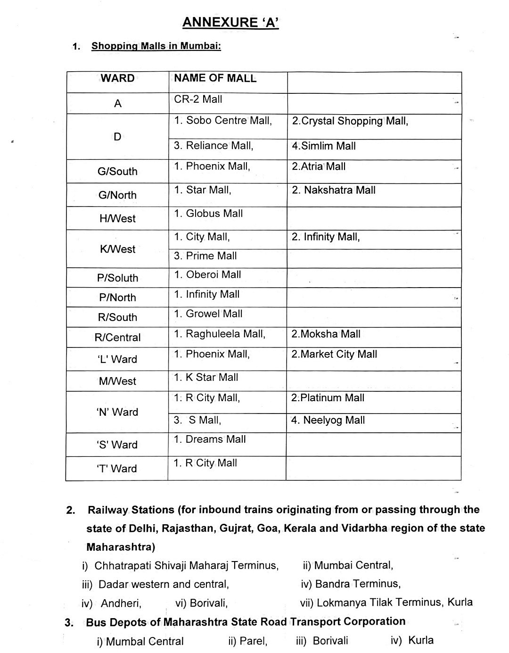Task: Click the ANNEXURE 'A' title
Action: pos(230,22)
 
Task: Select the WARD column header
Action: pos(117,78)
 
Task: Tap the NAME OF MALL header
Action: pos(215,78)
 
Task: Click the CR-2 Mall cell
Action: pos(198,99)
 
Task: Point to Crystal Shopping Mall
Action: pos(350,121)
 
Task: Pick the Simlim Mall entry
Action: pos(323,146)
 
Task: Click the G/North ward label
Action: pos(117,195)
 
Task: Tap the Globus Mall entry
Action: pos(208,214)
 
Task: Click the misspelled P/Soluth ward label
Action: pos(117,278)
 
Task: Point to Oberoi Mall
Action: pos(207,275)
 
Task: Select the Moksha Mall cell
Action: pos(326,334)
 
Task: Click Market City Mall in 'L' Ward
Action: pos(334,354)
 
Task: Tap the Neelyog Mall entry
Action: pos(328,420)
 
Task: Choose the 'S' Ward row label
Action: pos(117,445)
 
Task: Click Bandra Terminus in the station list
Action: pos(351,584)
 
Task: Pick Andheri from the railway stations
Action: pos(121,603)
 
